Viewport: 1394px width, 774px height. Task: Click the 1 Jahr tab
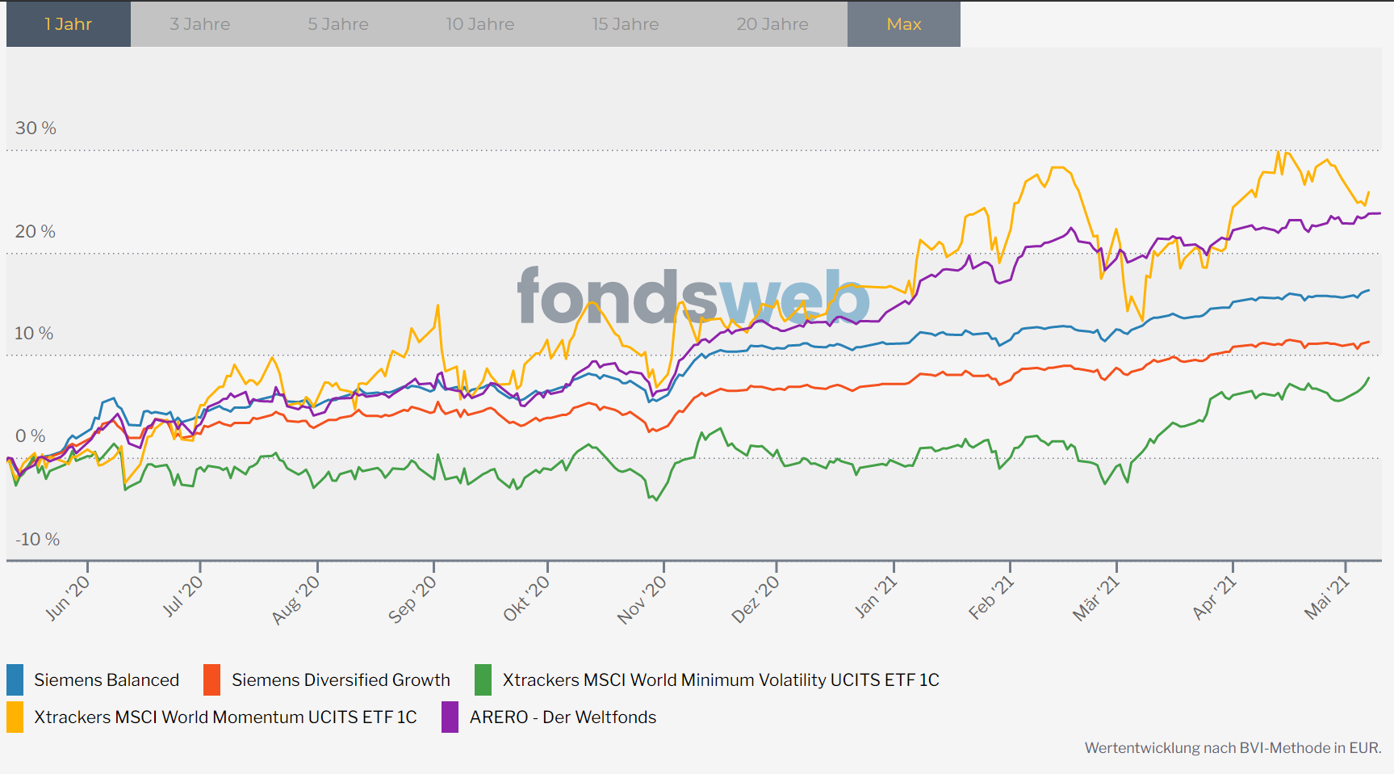pyautogui.click(x=69, y=24)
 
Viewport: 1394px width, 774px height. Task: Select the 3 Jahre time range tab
pyautogui.click(x=199, y=24)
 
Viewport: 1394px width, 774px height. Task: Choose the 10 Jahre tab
pyautogui.click(x=480, y=24)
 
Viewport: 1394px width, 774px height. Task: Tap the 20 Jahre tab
pyautogui.click(x=772, y=24)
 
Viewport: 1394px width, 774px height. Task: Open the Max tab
pyautogui.click(x=904, y=24)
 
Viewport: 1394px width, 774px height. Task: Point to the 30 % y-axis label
pyautogui.click(x=36, y=128)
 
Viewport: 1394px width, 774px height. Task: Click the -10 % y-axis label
pyautogui.click(x=37, y=539)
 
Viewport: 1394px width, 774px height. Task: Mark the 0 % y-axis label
pyautogui.click(x=31, y=436)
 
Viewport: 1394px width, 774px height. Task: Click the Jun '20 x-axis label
pyautogui.click(x=69, y=598)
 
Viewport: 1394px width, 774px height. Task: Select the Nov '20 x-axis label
pyautogui.click(x=643, y=599)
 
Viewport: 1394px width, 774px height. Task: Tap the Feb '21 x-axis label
pyautogui.click(x=991, y=598)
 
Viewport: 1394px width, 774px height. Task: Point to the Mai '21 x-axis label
pyautogui.click(x=1327, y=598)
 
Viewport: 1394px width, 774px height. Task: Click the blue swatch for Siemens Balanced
pyautogui.click(x=15, y=679)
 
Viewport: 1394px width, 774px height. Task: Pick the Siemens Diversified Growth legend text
pyautogui.click(x=341, y=679)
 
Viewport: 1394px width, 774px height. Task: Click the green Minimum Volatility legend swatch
pyautogui.click(x=483, y=679)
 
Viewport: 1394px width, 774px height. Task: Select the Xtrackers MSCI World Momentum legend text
pyautogui.click(x=225, y=717)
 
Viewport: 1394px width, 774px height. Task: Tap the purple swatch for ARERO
pyautogui.click(x=450, y=717)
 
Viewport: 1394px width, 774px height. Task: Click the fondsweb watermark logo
pyautogui.click(x=693, y=297)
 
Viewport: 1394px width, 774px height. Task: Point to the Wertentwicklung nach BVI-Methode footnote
pyautogui.click(x=1233, y=747)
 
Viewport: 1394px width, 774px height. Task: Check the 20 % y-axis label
pyautogui.click(x=36, y=231)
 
